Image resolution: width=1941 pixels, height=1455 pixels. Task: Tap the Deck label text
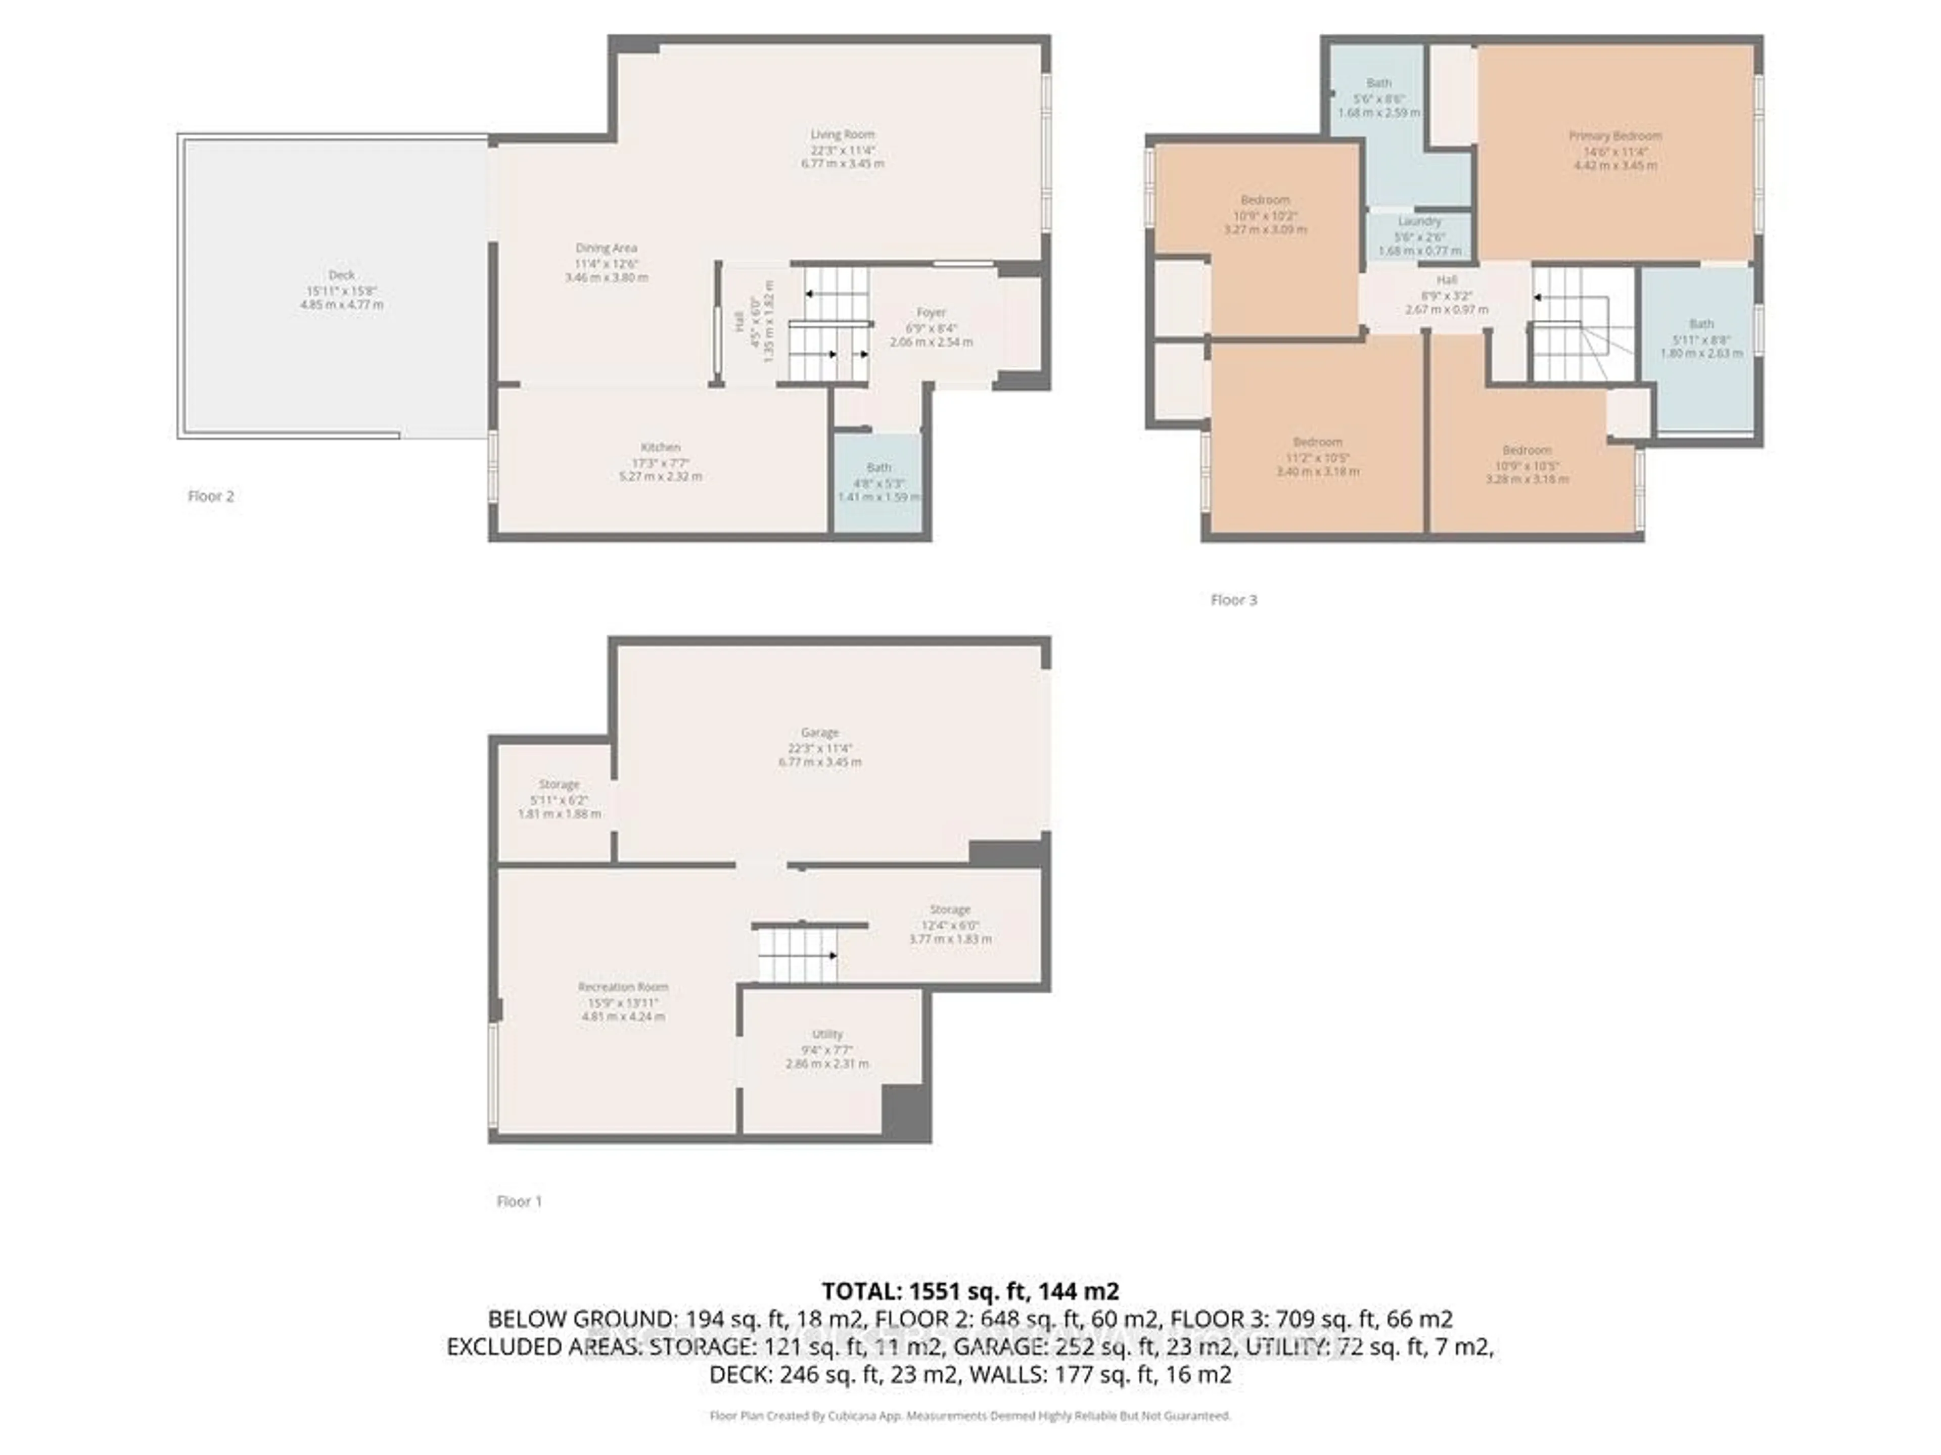click(x=341, y=274)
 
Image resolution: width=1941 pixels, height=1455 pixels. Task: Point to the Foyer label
click(x=931, y=312)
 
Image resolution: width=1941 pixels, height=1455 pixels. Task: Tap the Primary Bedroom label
click(x=1614, y=136)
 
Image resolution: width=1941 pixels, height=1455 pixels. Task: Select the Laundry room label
click(x=1419, y=222)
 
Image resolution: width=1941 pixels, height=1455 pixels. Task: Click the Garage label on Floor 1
click(x=819, y=733)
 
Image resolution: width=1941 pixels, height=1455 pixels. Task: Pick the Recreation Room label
click(x=623, y=987)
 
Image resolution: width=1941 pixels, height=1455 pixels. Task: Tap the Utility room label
click(x=826, y=1034)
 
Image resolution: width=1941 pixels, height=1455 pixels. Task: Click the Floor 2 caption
click(x=211, y=497)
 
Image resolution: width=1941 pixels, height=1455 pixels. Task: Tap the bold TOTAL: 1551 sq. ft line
click(x=969, y=1291)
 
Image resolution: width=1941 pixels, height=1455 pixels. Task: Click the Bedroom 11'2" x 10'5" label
click(x=1317, y=442)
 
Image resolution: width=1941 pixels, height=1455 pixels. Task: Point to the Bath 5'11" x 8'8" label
click(x=1700, y=324)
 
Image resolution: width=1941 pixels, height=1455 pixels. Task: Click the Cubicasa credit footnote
click(x=969, y=1416)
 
